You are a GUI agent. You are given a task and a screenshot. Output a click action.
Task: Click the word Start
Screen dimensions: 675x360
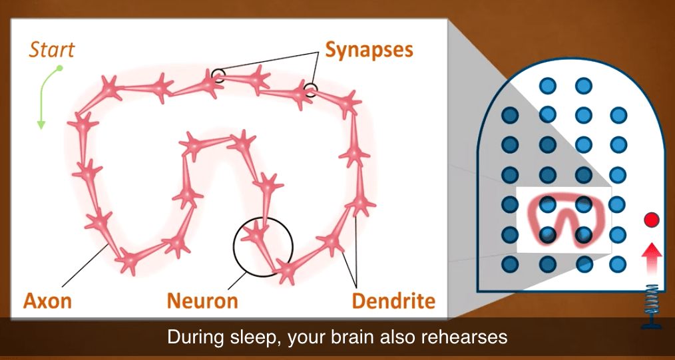click(52, 49)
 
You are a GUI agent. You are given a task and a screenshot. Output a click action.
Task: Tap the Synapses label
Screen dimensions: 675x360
click(369, 50)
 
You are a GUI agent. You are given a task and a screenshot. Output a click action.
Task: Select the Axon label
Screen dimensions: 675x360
click(47, 301)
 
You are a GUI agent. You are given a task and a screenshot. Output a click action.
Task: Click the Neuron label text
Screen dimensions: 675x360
click(202, 301)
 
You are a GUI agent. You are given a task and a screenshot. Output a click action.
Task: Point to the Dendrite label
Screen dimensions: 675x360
click(393, 301)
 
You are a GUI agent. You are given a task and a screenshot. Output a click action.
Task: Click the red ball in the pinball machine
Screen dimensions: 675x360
click(651, 220)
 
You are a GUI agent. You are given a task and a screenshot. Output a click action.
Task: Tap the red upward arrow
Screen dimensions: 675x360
click(652, 258)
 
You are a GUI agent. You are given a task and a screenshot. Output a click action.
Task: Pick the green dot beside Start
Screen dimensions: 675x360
click(60, 68)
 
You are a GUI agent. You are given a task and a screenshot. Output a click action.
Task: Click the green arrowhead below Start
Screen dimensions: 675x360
click(41, 124)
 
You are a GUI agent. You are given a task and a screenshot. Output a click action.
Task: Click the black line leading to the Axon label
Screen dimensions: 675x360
click(85, 265)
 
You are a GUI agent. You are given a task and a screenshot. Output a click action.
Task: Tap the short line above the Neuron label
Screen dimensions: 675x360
click(237, 280)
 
